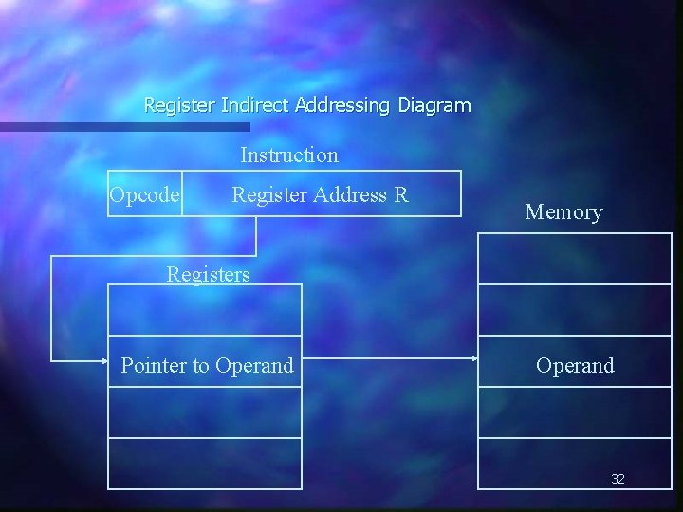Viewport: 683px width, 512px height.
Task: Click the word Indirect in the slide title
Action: tap(254, 105)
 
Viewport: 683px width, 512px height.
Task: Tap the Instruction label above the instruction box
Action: tap(289, 155)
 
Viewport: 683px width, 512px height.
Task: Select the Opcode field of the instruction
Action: tap(144, 194)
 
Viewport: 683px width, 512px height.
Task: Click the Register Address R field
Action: tap(320, 194)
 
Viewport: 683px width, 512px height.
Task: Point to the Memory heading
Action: tap(563, 212)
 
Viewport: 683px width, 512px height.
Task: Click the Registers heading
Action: tap(209, 275)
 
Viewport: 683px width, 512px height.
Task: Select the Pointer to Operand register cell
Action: tap(206, 365)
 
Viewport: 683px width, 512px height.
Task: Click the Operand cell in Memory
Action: tap(575, 365)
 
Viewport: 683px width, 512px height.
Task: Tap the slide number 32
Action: tap(618, 479)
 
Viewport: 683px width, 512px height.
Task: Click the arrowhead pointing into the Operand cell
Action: tap(472, 359)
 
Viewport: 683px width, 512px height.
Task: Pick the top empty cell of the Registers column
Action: tap(205, 310)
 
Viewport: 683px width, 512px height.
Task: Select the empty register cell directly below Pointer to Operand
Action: tap(205, 412)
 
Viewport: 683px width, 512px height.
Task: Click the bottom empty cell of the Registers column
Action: tap(205, 464)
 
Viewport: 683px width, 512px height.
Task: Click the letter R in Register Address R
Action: tap(401, 194)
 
